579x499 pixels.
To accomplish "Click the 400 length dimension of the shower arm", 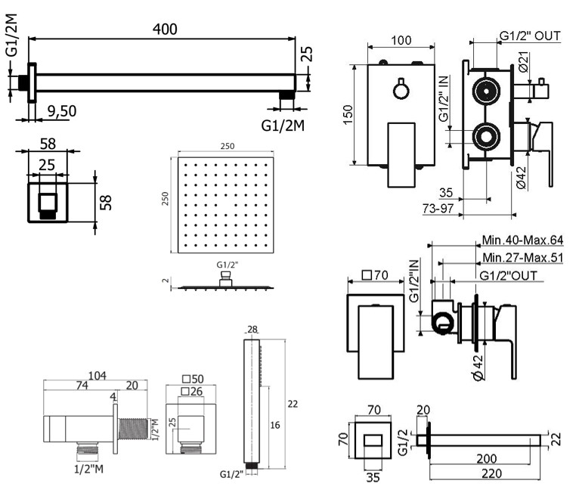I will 164,29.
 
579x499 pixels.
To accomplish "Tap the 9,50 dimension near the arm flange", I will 61,111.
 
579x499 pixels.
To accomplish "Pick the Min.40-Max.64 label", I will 523,240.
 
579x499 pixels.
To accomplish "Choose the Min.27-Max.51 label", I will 523,258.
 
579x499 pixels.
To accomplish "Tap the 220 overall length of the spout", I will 484,475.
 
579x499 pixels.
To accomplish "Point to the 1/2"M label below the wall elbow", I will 88,469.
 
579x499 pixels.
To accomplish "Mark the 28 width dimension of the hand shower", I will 252,329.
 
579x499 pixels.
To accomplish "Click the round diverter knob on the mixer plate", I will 401,90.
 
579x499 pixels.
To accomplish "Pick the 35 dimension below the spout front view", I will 373,476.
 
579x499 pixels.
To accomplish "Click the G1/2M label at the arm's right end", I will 284,124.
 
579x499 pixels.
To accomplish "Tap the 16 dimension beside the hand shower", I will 276,426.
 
